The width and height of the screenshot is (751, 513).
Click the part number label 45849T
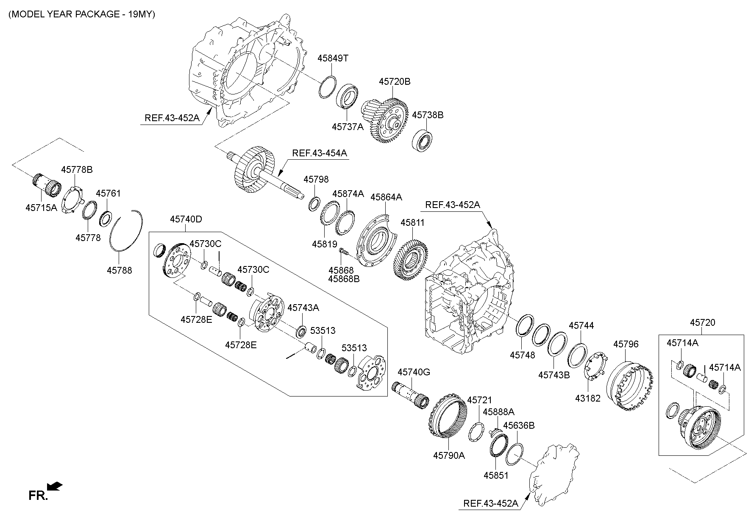click(333, 58)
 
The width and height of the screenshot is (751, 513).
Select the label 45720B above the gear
click(395, 82)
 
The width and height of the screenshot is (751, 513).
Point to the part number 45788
click(119, 270)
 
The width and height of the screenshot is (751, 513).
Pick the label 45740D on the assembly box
click(186, 219)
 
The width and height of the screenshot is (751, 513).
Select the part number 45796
click(626, 344)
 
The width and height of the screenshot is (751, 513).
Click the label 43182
click(588, 398)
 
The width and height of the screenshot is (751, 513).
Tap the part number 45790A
click(449, 455)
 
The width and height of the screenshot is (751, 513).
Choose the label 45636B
click(519, 425)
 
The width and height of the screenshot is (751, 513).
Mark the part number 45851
click(496, 475)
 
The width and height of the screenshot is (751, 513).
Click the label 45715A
click(41, 208)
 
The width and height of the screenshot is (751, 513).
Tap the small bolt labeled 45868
click(344, 253)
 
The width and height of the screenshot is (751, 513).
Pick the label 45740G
click(414, 372)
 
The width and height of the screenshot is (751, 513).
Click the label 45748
click(522, 355)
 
